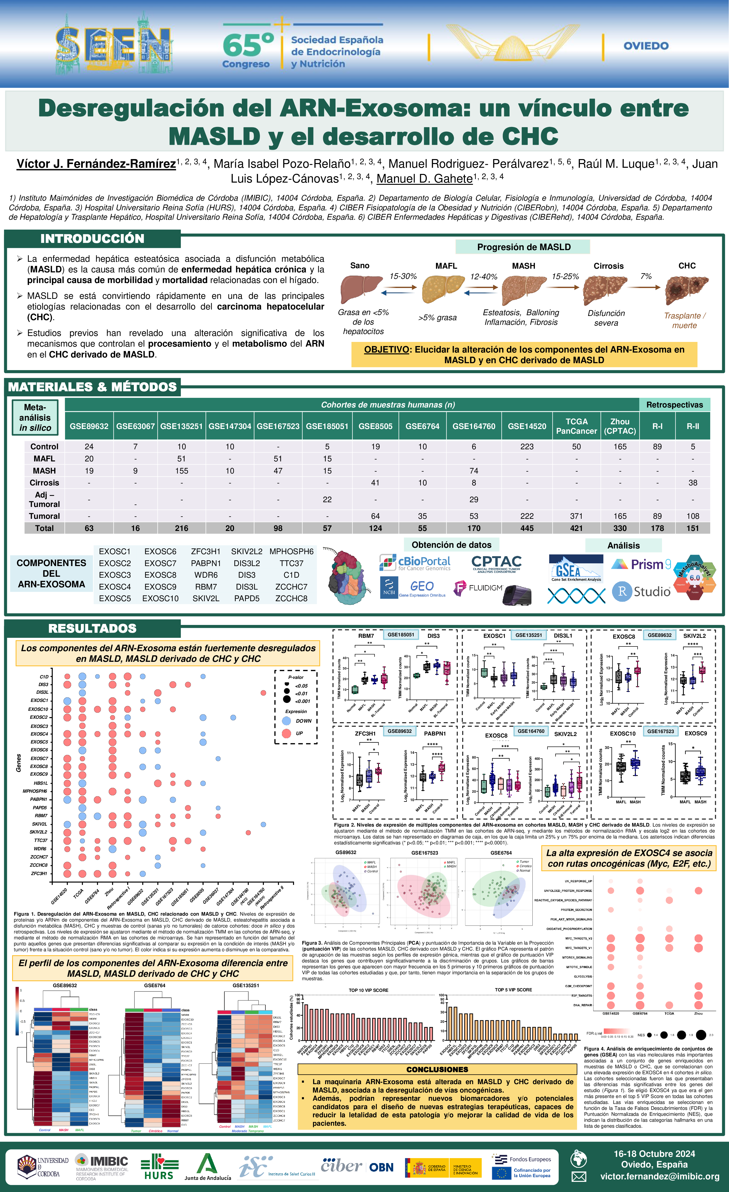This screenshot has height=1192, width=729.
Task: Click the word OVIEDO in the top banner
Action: point(646,46)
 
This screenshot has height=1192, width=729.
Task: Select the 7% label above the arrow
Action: point(646,276)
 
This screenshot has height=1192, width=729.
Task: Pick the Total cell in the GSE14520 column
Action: point(527,528)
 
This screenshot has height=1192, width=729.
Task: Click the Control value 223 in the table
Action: point(527,447)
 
